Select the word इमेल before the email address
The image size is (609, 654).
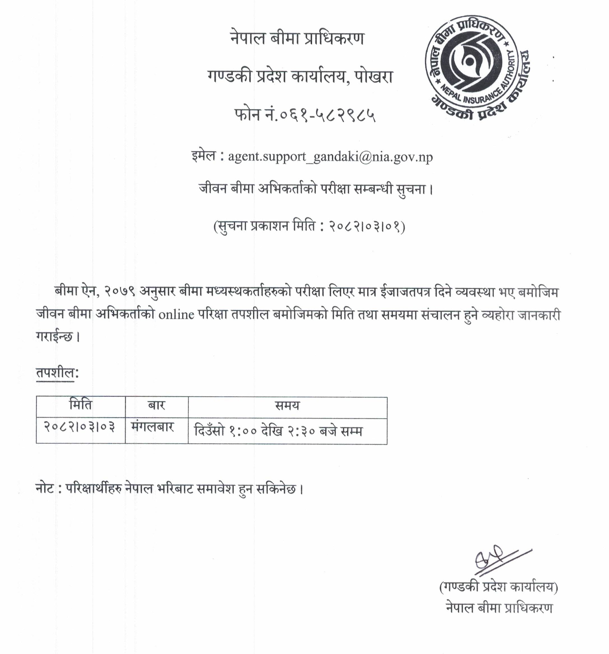(203, 156)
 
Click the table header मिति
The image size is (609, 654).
(81, 405)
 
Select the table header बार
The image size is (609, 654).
(156, 405)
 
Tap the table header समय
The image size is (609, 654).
(287, 406)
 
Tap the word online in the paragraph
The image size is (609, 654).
(176, 315)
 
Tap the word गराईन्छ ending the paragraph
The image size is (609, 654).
(54, 337)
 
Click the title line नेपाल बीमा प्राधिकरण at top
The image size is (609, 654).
(297, 39)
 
